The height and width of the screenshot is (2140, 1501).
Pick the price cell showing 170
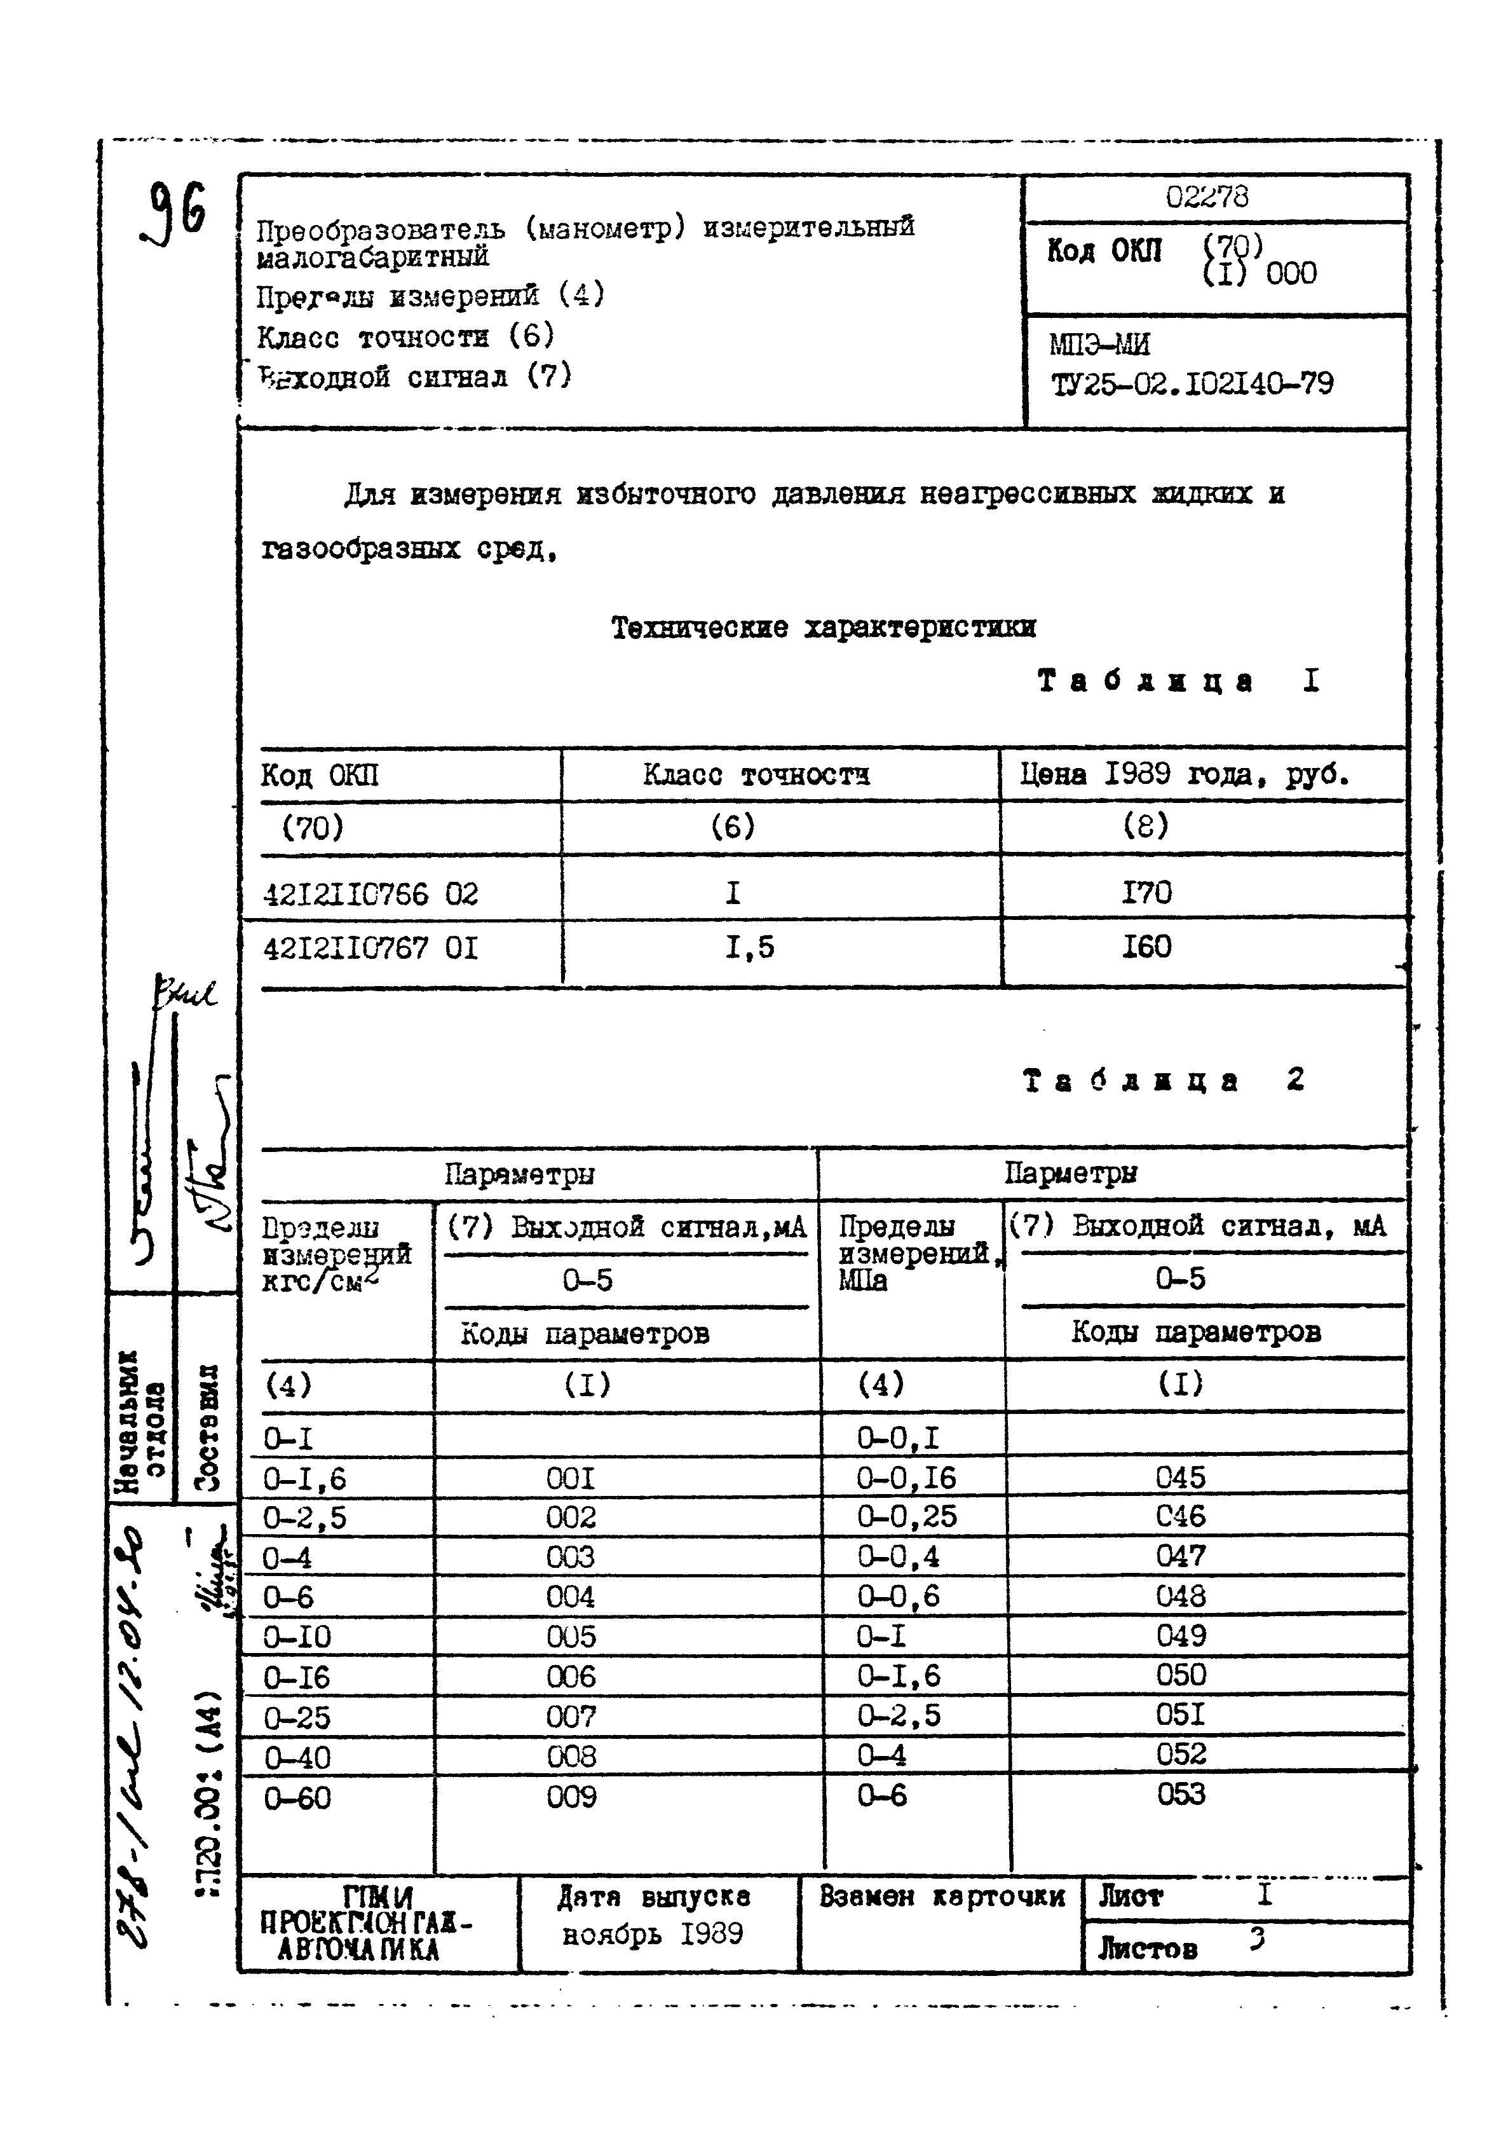(x=1146, y=893)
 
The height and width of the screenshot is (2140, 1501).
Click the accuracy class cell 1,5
(x=750, y=948)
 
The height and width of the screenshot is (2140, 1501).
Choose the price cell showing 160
(x=1146, y=947)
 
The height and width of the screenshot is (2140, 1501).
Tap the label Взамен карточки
(x=941, y=1897)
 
